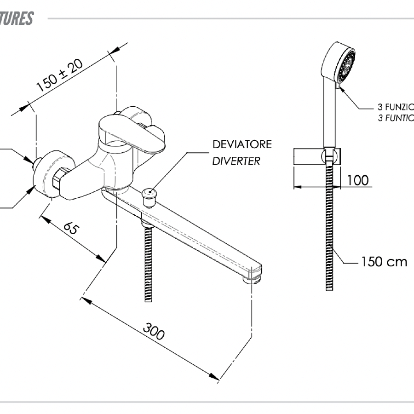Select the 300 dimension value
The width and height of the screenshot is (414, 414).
pyautogui.click(x=153, y=331)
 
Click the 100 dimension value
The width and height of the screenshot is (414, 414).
pyautogui.click(x=357, y=180)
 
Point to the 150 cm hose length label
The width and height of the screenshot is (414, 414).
pyautogui.click(x=384, y=262)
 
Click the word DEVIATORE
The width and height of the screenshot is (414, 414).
pyautogui.click(x=242, y=144)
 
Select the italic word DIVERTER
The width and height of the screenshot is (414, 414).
pyautogui.click(x=236, y=161)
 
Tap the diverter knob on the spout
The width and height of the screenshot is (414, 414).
pyautogui.click(x=149, y=196)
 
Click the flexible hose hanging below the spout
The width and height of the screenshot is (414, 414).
pyautogui.click(x=148, y=262)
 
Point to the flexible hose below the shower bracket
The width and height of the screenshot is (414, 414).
pyautogui.click(x=329, y=230)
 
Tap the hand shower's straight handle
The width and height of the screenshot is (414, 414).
pyautogui.click(x=330, y=115)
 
